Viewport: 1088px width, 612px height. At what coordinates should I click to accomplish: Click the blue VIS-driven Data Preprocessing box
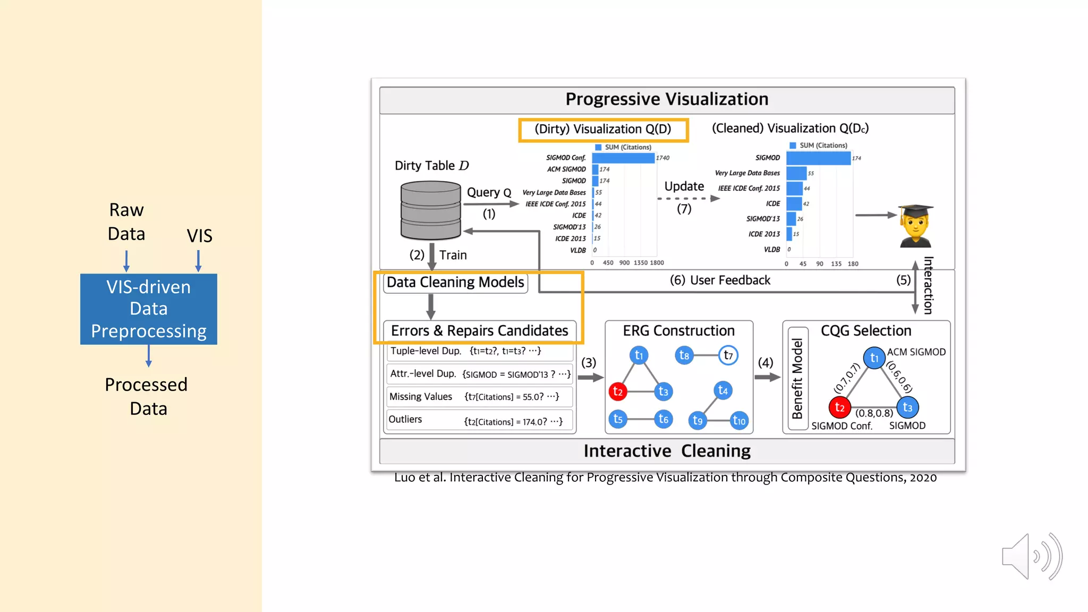tap(149, 309)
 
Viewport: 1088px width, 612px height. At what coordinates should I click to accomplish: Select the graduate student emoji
tap(915, 226)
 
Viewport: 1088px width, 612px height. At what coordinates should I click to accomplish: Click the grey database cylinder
tap(430, 210)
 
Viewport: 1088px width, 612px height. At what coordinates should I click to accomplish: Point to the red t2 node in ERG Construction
tap(617, 392)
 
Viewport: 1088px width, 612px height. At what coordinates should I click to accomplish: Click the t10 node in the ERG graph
tap(739, 421)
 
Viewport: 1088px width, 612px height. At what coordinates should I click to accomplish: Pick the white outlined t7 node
tap(728, 355)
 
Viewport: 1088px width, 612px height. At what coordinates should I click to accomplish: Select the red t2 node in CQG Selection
tap(839, 407)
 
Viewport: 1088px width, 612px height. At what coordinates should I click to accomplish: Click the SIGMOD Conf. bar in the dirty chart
tap(623, 158)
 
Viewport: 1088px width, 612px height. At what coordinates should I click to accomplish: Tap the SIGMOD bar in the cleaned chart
tap(818, 158)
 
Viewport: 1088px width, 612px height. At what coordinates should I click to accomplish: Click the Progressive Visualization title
tap(667, 99)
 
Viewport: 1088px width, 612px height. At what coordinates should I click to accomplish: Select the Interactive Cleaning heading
tap(667, 451)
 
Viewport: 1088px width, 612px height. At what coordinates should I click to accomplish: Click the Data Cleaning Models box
tap(455, 282)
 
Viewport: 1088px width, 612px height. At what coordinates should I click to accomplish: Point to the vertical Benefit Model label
tap(797, 379)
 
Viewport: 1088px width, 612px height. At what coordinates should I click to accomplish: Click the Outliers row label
tap(405, 419)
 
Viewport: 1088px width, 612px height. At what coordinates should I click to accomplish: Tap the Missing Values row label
tap(421, 397)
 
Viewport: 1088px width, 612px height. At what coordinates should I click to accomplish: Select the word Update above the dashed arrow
tap(684, 186)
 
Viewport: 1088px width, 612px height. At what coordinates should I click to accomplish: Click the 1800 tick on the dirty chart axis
tap(657, 262)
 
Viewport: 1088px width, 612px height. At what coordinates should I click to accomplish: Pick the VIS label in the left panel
tap(199, 236)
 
